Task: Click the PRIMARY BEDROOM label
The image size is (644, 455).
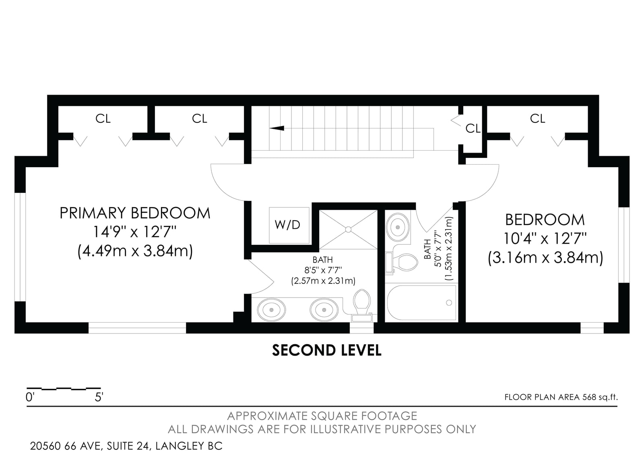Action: pyautogui.click(x=135, y=213)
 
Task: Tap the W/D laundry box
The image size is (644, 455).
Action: pyautogui.click(x=289, y=225)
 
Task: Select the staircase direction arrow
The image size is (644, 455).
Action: pyautogui.click(x=277, y=128)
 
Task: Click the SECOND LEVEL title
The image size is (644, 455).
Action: pyautogui.click(x=326, y=350)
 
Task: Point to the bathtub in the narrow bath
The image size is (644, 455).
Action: pyautogui.click(x=421, y=302)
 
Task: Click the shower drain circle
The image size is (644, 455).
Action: pyautogui.click(x=348, y=230)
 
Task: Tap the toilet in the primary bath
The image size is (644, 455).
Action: pyautogui.click(x=362, y=306)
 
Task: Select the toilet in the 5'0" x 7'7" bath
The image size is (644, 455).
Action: pyautogui.click(x=402, y=262)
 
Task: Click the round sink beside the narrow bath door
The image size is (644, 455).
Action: pyautogui.click(x=398, y=227)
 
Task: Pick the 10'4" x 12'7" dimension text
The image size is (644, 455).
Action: pyautogui.click(x=545, y=238)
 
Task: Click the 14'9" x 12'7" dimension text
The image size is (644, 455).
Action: pyautogui.click(x=135, y=232)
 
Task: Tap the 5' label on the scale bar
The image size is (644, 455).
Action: pyautogui.click(x=99, y=397)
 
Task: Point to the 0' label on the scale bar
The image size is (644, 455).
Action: pyautogui.click(x=30, y=397)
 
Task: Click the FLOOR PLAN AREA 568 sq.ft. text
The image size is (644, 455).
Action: pyautogui.click(x=561, y=397)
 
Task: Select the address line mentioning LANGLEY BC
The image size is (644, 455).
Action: pyautogui.click(x=126, y=446)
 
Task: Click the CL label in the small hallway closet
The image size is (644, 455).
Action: pyautogui.click(x=473, y=128)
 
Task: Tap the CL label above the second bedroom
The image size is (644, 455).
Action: pyautogui.click(x=538, y=118)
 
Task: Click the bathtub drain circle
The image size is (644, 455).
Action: pyautogui.click(x=449, y=302)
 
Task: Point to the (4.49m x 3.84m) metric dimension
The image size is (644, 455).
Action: pyautogui.click(x=135, y=251)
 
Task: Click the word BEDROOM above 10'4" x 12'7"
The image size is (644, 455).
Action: pyautogui.click(x=545, y=220)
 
